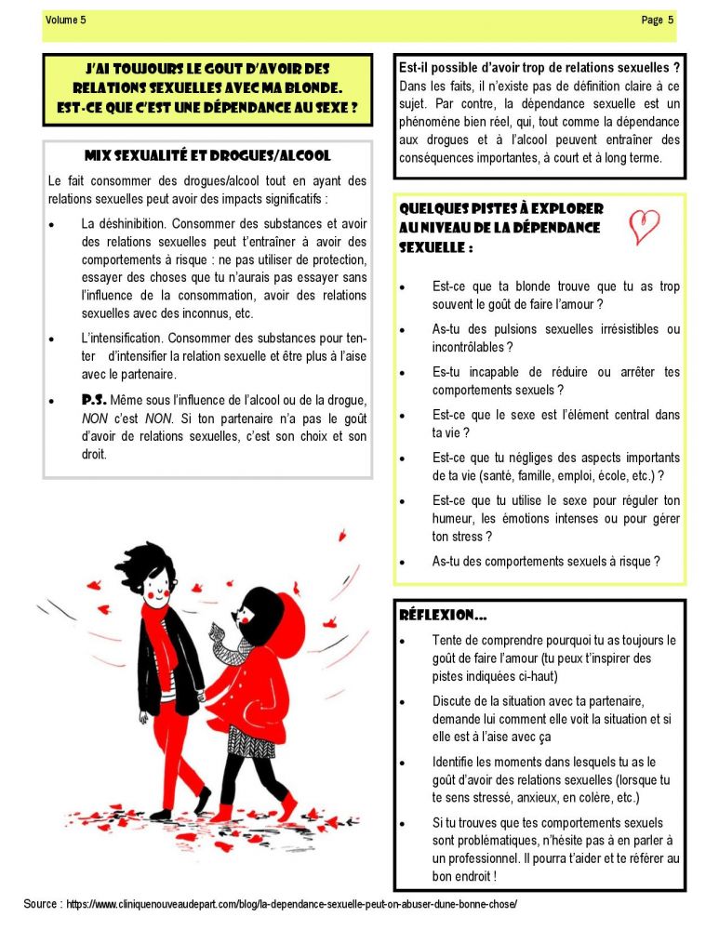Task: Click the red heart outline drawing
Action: (x=644, y=226)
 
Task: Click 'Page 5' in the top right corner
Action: (x=658, y=20)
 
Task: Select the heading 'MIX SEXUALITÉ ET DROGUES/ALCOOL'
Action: (x=207, y=155)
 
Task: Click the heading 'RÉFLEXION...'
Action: (x=443, y=615)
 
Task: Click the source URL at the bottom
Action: (x=291, y=904)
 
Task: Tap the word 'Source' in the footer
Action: (x=43, y=904)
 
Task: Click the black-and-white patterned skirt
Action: (x=250, y=741)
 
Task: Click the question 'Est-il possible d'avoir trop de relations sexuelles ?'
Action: (x=539, y=68)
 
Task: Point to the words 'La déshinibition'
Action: (x=126, y=223)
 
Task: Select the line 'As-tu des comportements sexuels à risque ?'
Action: (x=547, y=561)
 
